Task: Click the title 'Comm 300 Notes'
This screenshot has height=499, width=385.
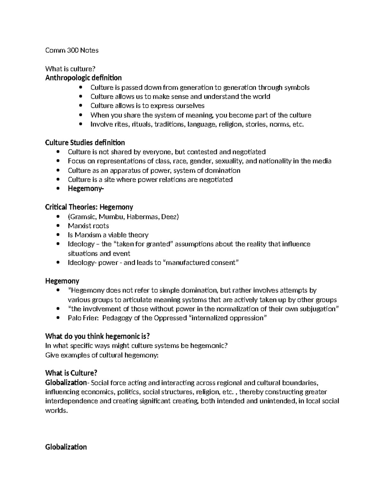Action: click(x=72, y=50)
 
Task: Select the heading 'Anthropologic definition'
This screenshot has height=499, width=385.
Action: click(x=83, y=78)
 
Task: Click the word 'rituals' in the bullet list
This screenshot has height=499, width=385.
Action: click(x=142, y=124)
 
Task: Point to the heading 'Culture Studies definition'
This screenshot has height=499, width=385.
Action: click(x=85, y=142)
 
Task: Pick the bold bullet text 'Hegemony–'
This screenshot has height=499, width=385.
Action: click(x=86, y=189)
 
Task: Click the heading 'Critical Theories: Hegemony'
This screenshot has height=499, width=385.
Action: click(x=89, y=207)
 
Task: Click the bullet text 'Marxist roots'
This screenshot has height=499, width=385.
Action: click(x=88, y=226)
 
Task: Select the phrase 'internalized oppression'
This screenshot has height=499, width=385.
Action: click(x=228, y=318)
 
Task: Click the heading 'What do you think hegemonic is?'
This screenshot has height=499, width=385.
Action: click(x=98, y=336)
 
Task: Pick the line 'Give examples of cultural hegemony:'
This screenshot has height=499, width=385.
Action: click(x=102, y=355)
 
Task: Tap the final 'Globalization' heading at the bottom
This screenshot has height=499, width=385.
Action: click(x=66, y=447)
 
